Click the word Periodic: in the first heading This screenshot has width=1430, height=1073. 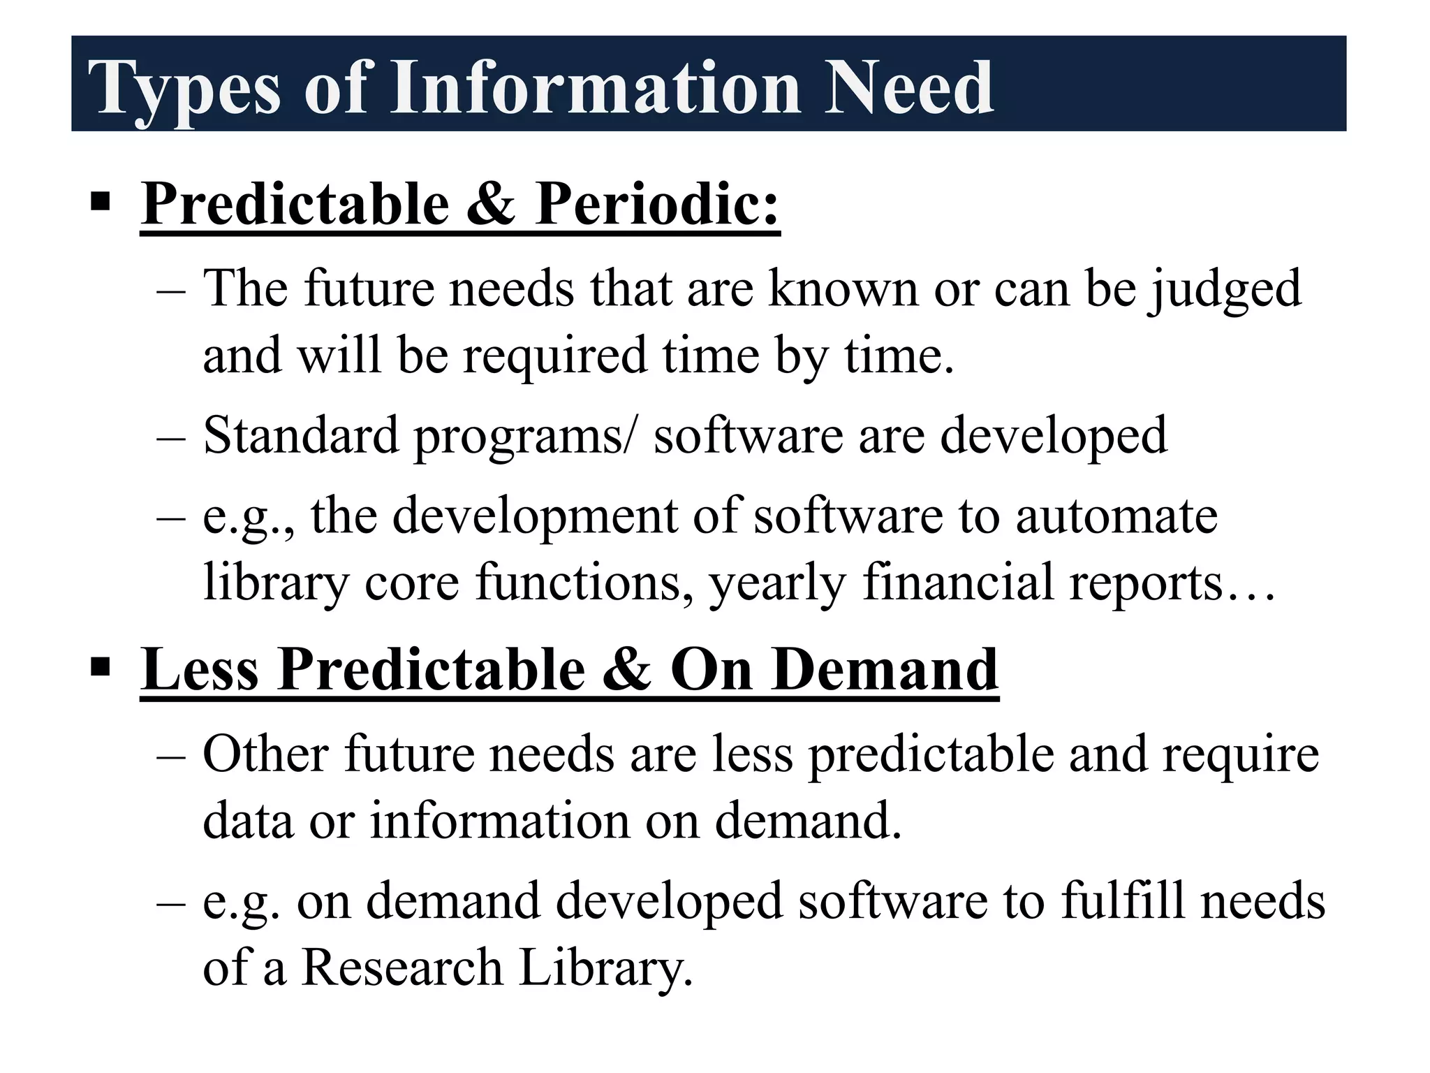click(x=657, y=204)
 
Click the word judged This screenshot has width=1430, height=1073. click(x=1225, y=289)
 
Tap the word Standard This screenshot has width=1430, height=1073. click(x=300, y=435)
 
